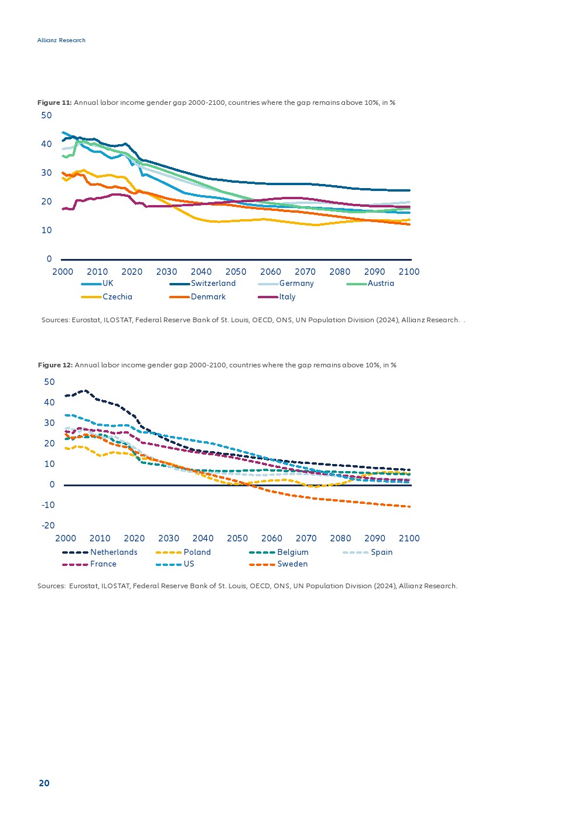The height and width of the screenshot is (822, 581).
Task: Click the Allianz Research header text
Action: (x=61, y=40)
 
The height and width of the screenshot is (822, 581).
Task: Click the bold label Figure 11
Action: (x=54, y=103)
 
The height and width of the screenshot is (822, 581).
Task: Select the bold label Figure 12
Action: (x=55, y=365)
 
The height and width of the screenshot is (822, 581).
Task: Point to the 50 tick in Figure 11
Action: (x=46, y=115)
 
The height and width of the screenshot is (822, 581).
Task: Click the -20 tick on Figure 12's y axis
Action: (x=48, y=526)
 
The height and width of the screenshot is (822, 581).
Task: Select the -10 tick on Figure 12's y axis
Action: (x=48, y=505)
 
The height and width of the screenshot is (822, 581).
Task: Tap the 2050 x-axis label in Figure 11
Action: (x=236, y=272)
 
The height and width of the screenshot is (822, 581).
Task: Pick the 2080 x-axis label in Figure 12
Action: (x=340, y=538)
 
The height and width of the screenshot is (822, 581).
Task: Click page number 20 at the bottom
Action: (x=44, y=783)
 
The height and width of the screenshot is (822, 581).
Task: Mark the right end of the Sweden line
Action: (x=409, y=506)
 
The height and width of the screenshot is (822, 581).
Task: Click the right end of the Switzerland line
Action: (x=409, y=190)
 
